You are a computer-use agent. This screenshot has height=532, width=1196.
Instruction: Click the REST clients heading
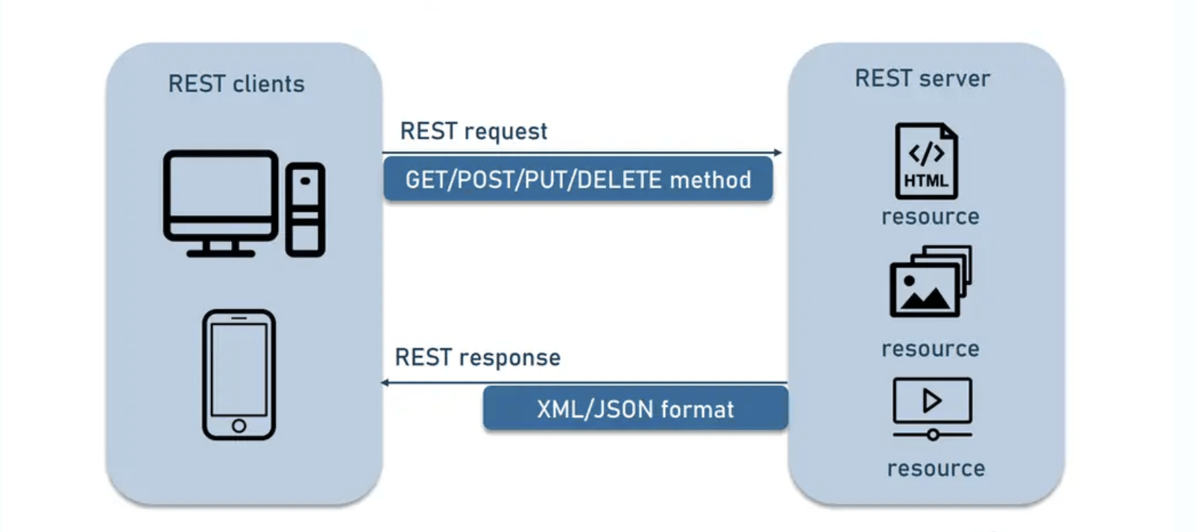pyautogui.click(x=236, y=83)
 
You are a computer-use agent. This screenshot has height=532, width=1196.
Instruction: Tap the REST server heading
pyautogui.click(x=922, y=78)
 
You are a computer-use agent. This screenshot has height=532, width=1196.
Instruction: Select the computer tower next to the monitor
pyautogui.click(x=306, y=209)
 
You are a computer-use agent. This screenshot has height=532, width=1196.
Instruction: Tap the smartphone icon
pyautogui.click(x=239, y=375)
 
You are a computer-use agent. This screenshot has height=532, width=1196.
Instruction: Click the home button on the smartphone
pyautogui.click(x=239, y=425)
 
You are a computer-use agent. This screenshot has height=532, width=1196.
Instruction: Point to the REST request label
pyautogui.click(x=473, y=131)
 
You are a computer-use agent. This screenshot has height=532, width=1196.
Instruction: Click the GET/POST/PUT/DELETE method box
pyautogui.click(x=579, y=180)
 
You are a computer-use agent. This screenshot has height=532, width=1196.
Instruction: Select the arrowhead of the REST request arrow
pyautogui.click(x=778, y=153)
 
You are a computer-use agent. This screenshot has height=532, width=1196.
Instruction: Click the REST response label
pyautogui.click(x=477, y=358)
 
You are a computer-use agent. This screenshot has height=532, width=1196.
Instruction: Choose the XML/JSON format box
pyautogui.click(x=635, y=409)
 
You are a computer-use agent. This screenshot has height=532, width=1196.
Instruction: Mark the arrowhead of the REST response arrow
pyautogui.click(x=385, y=382)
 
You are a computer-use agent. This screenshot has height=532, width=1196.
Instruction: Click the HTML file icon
pyautogui.click(x=927, y=161)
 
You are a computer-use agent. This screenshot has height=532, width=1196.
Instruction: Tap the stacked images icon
pyautogui.click(x=931, y=281)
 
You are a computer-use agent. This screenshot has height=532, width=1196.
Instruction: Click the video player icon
pyautogui.click(x=932, y=409)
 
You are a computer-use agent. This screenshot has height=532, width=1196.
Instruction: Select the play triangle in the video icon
pyautogui.click(x=932, y=401)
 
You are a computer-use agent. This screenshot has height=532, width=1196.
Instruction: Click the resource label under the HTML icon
pyautogui.click(x=930, y=217)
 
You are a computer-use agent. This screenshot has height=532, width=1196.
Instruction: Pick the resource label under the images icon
pyautogui.click(x=930, y=349)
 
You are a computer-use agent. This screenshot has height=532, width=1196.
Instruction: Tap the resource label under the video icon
pyautogui.click(x=936, y=469)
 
